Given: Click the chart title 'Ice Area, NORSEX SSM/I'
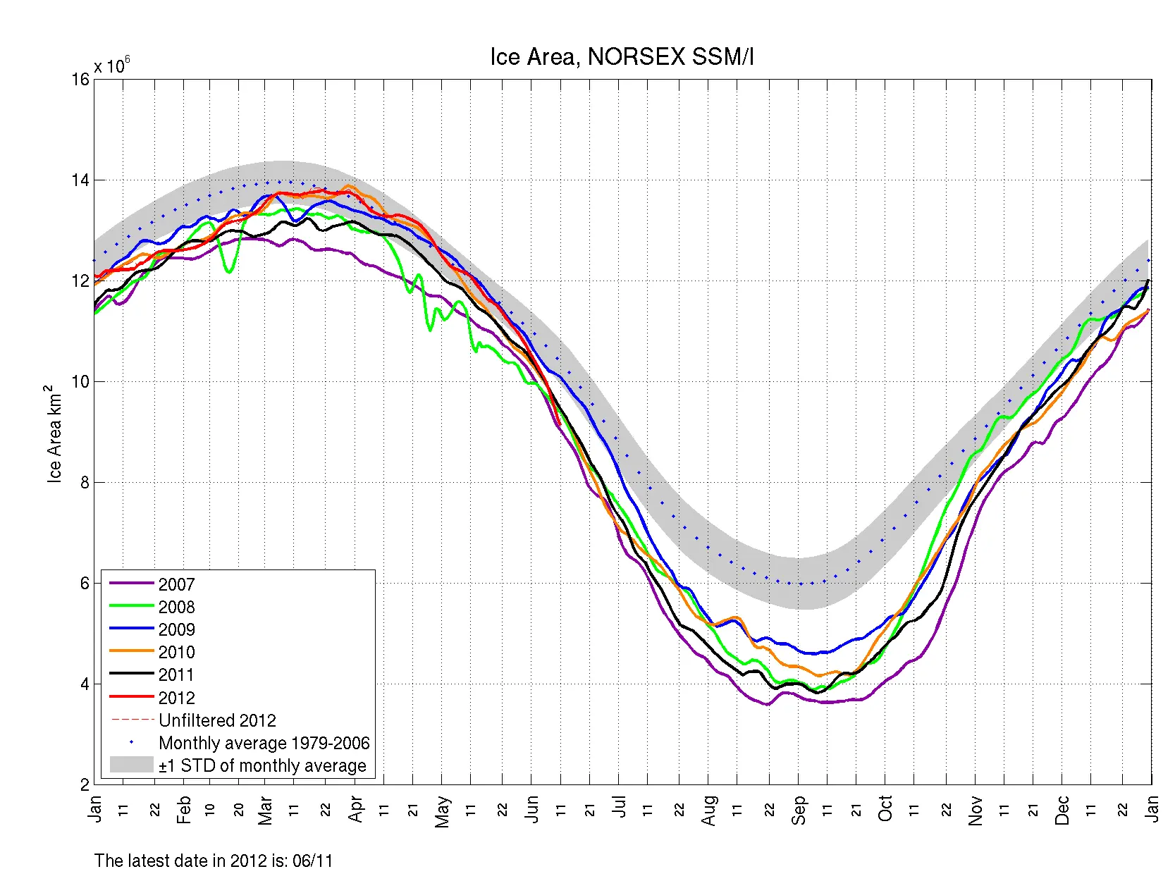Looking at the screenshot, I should (x=622, y=57).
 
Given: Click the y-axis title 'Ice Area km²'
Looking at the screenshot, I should (x=54, y=433).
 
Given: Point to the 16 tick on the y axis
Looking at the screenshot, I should (x=81, y=79).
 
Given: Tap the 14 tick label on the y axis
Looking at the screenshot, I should (x=81, y=180).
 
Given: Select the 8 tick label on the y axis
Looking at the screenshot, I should (x=85, y=482).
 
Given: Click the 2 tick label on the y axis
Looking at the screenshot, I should (x=85, y=784).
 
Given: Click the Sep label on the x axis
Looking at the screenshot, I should (x=799, y=810).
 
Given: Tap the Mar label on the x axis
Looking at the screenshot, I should (x=265, y=811).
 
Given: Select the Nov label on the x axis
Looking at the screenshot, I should (x=976, y=811).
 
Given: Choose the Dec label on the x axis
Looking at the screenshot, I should (x=1062, y=811).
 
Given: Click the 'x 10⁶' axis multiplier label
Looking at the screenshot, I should (x=111, y=66).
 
